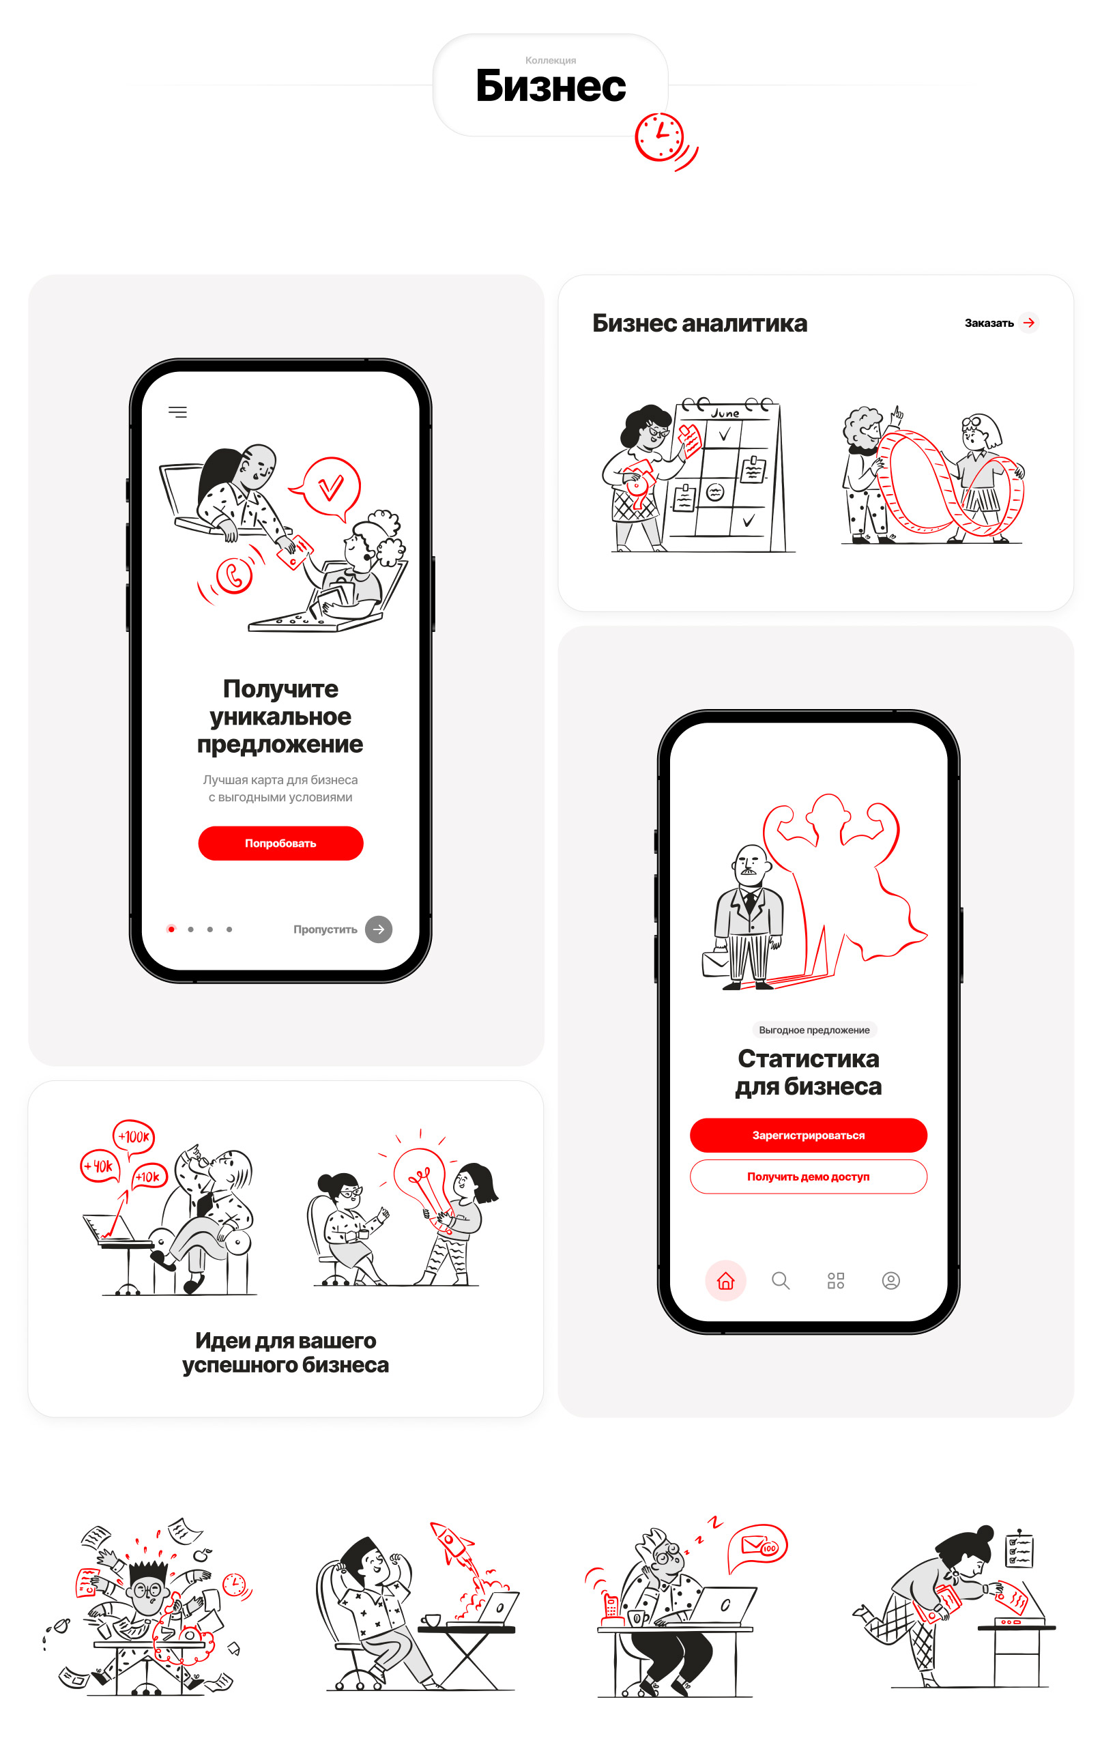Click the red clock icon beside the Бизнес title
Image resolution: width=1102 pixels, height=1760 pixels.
coord(660,136)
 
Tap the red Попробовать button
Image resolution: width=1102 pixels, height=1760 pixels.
coord(280,843)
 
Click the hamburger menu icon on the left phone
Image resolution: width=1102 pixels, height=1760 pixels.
coord(178,412)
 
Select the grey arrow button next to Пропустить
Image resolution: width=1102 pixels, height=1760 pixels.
coord(378,929)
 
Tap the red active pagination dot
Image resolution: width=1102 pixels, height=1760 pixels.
coord(171,929)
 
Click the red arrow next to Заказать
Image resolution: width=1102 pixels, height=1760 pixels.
coord(1028,322)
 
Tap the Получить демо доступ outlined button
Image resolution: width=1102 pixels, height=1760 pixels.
coord(809,1177)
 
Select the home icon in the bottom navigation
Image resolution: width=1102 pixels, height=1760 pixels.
coord(725,1280)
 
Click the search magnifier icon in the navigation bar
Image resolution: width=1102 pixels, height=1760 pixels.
coord(781,1280)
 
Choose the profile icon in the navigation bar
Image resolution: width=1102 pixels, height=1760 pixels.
coord(890,1280)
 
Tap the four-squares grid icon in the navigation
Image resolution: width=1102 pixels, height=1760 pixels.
coord(836,1280)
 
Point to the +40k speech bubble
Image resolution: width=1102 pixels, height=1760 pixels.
coord(99,1166)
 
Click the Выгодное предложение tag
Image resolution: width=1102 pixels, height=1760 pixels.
coord(814,1030)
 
